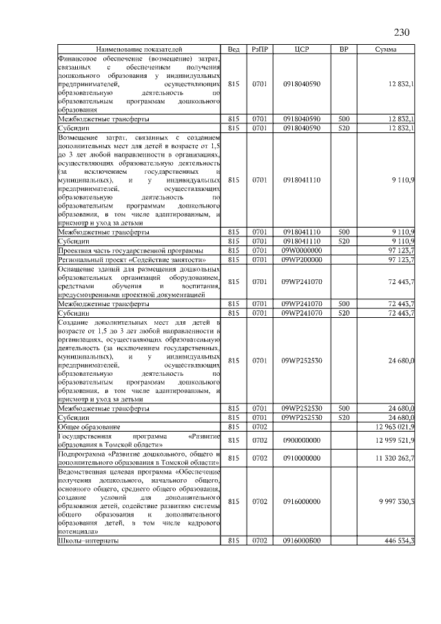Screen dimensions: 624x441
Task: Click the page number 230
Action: point(402,32)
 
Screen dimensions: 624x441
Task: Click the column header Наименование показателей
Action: point(139,50)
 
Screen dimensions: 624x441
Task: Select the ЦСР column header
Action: point(301,50)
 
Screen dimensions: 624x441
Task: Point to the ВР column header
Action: point(344,50)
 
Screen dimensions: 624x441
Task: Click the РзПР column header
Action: point(260,50)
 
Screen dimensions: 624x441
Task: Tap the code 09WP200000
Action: point(301,259)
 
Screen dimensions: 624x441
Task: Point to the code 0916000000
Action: point(301,501)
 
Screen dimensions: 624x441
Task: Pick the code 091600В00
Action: point(301,541)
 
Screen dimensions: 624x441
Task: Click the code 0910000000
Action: point(301,457)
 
